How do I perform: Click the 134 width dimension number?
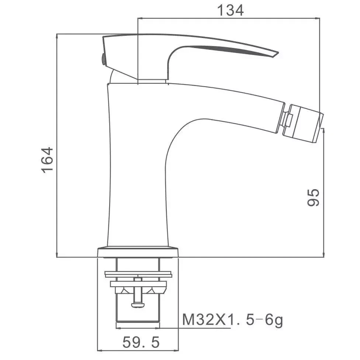coord(230,11)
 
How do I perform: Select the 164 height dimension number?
coord(47,160)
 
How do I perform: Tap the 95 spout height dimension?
coord(313,197)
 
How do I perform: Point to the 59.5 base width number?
coord(141,342)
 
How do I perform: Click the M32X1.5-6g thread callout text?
coord(233,319)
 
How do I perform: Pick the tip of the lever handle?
coord(278,53)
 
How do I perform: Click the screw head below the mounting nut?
coord(138,305)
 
